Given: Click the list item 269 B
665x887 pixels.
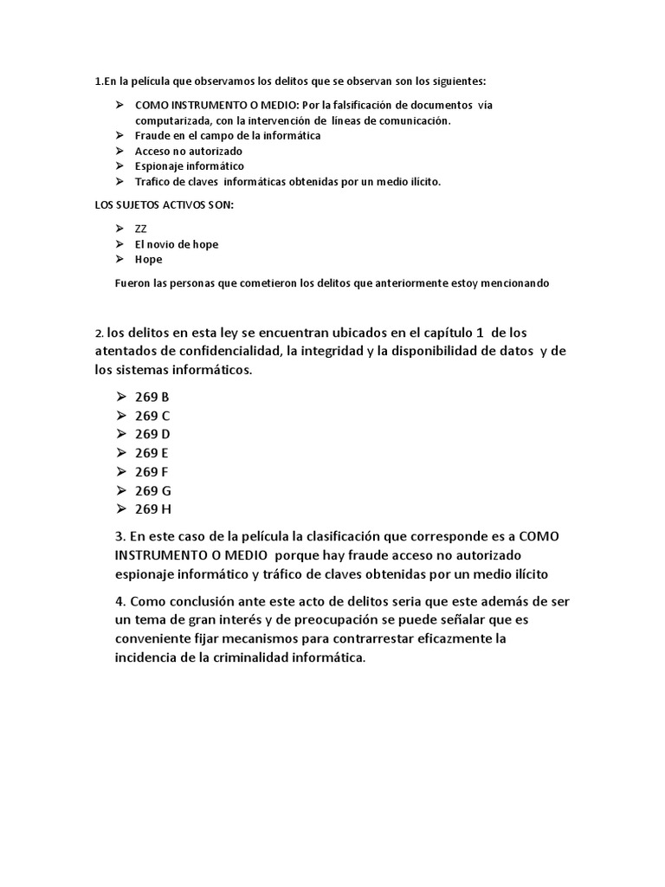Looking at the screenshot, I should (x=152, y=397).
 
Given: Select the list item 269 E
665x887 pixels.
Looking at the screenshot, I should (x=152, y=453).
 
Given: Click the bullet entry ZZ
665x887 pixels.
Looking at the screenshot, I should (x=140, y=229).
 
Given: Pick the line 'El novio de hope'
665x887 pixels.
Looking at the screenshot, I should (x=176, y=244).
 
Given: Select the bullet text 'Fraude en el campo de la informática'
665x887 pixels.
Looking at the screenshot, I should (x=227, y=136).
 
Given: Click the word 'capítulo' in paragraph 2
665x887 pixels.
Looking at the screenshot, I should (x=438, y=333).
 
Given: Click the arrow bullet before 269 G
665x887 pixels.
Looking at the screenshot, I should (x=119, y=490).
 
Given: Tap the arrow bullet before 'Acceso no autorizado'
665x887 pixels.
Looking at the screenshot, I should (x=119, y=152).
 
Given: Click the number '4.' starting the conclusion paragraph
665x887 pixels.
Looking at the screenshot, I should (x=120, y=601).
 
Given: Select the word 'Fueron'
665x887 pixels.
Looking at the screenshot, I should (x=131, y=283).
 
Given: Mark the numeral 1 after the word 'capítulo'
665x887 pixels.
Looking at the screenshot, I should (x=479, y=333).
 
